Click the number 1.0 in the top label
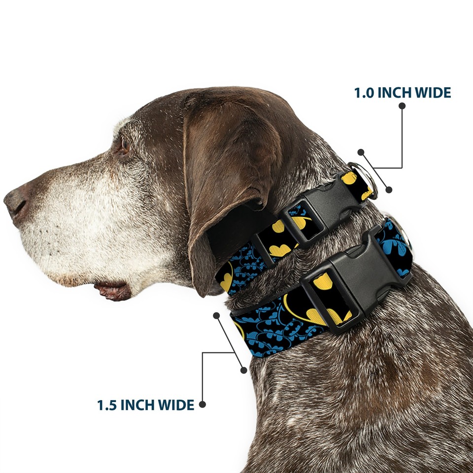[364, 93]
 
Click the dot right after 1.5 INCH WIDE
[202, 405]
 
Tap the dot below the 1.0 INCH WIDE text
[402, 105]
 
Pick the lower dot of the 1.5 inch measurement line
[243, 370]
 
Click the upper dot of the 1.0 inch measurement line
[361, 152]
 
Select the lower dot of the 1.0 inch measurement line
[389, 189]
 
